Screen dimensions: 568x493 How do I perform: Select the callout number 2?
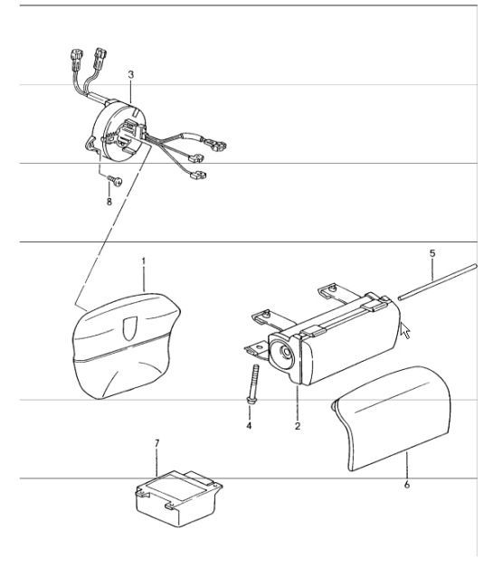pos(297,422)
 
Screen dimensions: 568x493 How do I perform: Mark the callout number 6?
pos(407,486)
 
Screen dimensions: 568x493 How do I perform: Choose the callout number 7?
pos(156,444)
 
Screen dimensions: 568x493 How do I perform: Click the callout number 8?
pos(109,203)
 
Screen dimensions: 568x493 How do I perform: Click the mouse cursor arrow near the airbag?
pos(405,329)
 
